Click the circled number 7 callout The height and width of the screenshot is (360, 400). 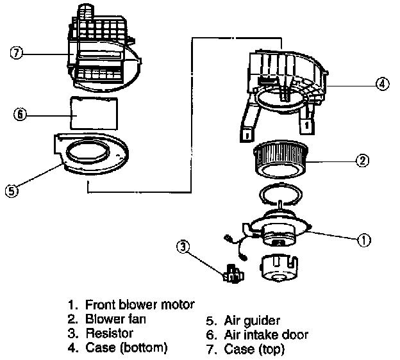tap(17, 53)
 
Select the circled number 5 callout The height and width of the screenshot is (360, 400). tap(11, 190)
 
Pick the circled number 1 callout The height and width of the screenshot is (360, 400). tap(363, 240)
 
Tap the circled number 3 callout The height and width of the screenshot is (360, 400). tap(183, 245)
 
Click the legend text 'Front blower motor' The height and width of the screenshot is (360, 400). tap(139, 304)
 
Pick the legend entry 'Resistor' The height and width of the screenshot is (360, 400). tap(109, 333)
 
